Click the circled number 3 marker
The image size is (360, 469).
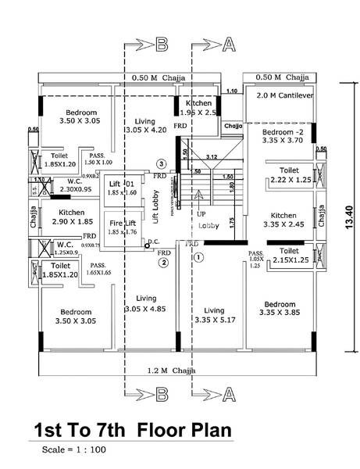(161, 163)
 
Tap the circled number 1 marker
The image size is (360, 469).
(198, 256)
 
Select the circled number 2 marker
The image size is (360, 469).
(163, 263)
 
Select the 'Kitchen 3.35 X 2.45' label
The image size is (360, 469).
(282, 220)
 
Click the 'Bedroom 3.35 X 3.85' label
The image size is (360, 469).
(280, 308)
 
